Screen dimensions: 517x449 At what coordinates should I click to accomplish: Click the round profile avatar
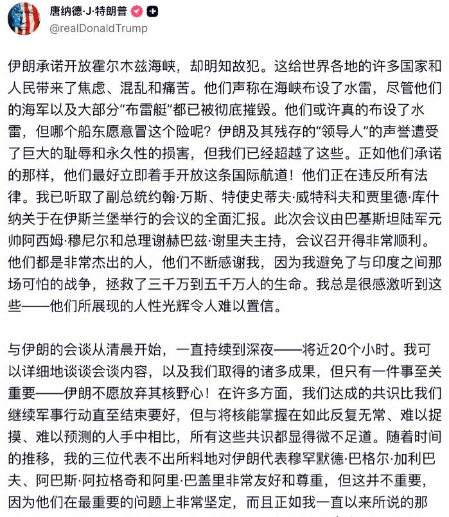[x=24, y=19]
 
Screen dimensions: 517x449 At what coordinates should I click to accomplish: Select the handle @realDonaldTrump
[x=99, y=28]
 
